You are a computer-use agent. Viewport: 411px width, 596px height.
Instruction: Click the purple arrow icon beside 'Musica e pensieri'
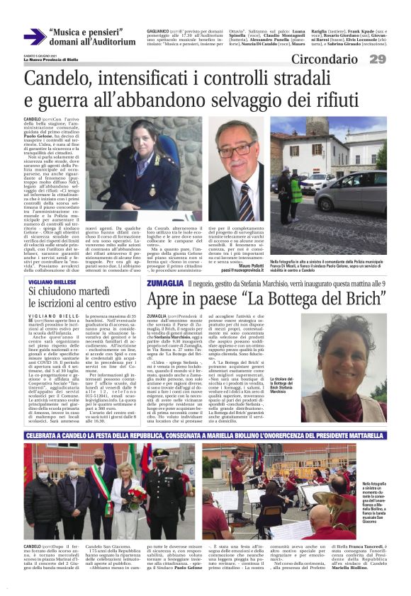(x=34, y=36)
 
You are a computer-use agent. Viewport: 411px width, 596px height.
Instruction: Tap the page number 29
(x=377, y=59)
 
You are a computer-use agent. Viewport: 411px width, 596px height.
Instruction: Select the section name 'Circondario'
(x=327, y=59)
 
